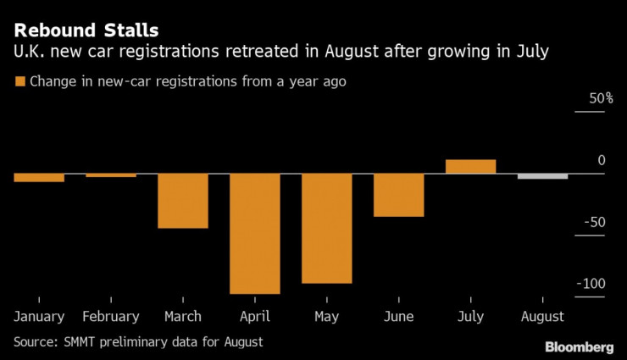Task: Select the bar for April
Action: [x=255, y=233]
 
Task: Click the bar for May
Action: [x=327, y=228]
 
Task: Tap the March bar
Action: [x=183, y=201]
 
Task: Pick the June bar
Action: [x=399, y=195]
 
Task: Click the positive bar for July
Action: [x=471, y=166]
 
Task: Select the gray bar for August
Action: [x=543, y=176]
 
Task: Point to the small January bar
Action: [x=39, y=177]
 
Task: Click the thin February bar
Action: [x=111, y=175]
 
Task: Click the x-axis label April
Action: [x=255, y=316]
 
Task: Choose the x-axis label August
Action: [x=543, y=316]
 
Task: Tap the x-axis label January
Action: [x=39, y=316]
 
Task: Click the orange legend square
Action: [x=19, y=82]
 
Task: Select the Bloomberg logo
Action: [x=580, y=346]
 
